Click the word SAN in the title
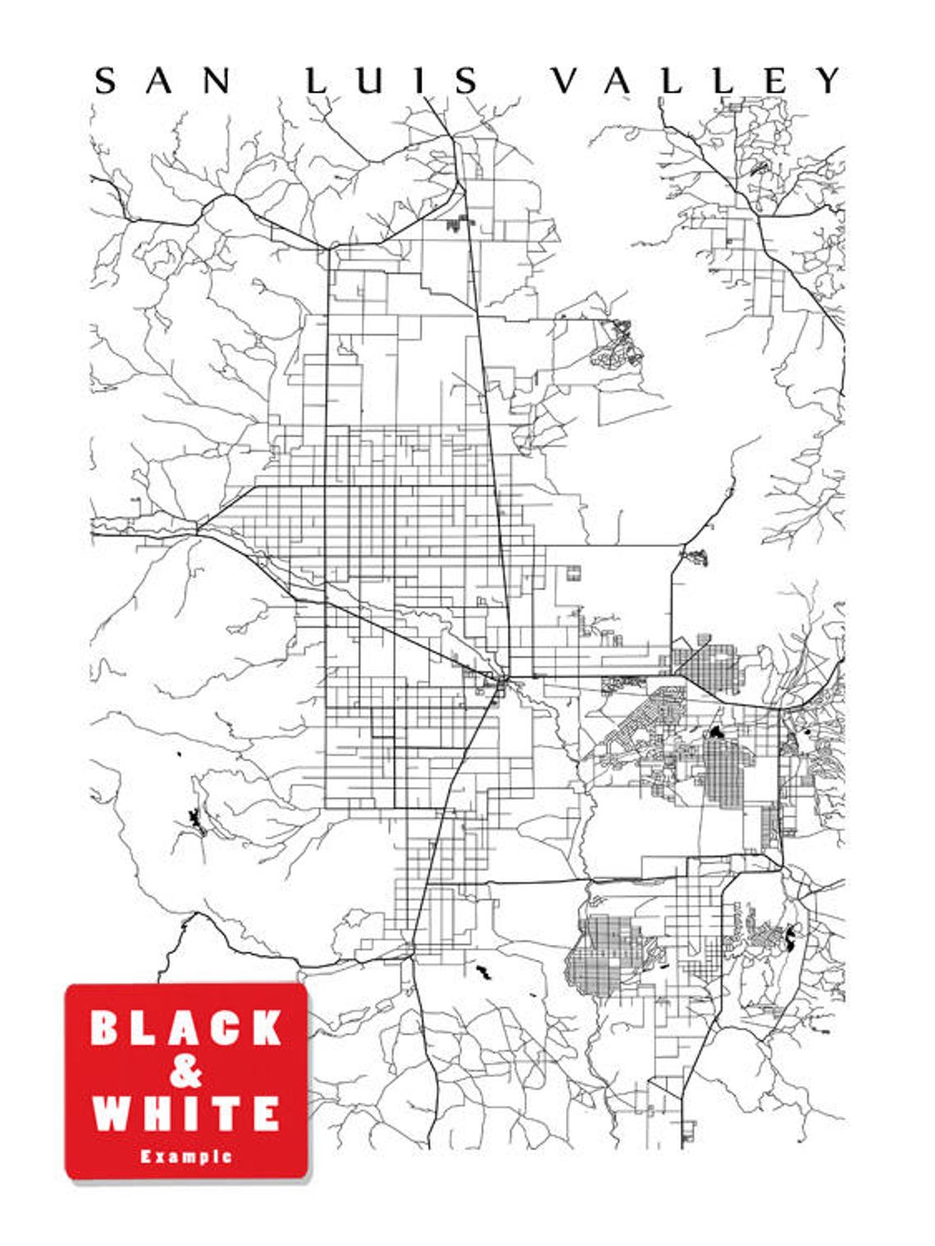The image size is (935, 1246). (x=162, y=80)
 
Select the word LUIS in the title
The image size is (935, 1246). (x=393, y=80)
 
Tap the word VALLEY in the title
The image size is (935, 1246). (x=696, y=80)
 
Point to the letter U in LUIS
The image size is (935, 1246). (x=367, y=80)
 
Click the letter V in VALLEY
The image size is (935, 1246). (x=565, y=80)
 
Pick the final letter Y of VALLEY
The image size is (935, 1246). (x=828, y=80)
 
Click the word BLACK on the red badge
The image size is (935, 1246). (x=186, y=1028)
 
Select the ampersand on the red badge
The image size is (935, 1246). (x=186, y=1070)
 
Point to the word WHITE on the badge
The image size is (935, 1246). (x=186, y=1113)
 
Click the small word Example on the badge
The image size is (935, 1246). (x=186, y=1157)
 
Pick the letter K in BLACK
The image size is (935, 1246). (x=266, y=1028)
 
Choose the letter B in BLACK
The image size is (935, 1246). (x=107, y=1028)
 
